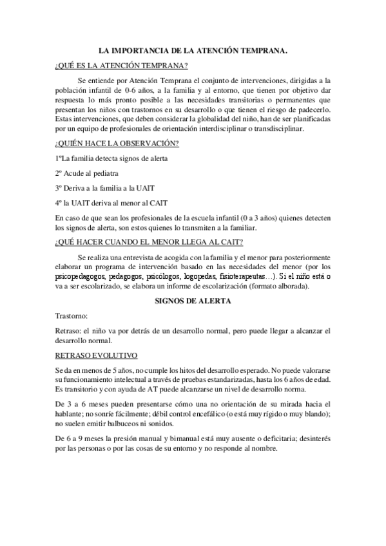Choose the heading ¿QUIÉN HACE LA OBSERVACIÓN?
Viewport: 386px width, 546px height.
(x=117, y=142)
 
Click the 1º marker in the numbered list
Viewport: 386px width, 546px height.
(x=60, y=158)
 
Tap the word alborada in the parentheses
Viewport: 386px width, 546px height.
(x=289, y=286)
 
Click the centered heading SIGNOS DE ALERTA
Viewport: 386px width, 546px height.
(x=193, y=301)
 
